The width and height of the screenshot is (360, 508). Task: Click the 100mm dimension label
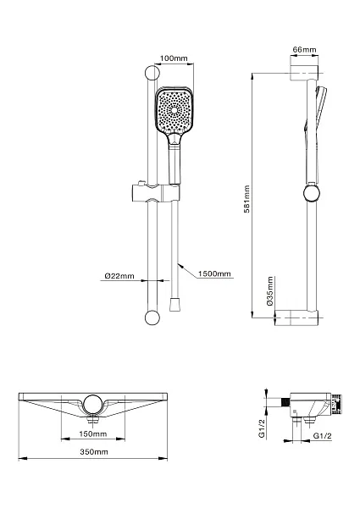[174, 58]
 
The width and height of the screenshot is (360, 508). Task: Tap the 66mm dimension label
[304, 50]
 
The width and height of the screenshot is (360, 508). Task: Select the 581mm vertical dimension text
[246, 199]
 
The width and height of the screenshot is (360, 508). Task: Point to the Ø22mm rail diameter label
[119, 276]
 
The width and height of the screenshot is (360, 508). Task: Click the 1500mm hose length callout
[214, 273]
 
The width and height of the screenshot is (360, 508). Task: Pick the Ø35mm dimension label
[270, 290]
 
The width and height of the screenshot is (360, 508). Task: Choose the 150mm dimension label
[92, 433]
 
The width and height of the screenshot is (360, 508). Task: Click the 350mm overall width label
[94, 451]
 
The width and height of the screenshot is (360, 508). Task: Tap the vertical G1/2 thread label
[262, 428]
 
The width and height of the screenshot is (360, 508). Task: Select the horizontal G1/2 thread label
[323, 436]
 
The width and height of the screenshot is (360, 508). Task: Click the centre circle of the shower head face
[174, 110]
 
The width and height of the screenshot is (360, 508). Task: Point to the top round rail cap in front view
[152, 73]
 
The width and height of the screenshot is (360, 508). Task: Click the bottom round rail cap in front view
[152, 317]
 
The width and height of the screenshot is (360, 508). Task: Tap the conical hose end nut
[174, 304]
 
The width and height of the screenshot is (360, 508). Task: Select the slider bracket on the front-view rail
[156, 192]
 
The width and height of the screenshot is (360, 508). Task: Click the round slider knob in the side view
[312, 193]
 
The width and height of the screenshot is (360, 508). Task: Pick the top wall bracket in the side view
[304, 73]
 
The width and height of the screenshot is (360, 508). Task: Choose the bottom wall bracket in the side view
[296, 317]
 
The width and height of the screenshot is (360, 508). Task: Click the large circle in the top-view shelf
[93, 405]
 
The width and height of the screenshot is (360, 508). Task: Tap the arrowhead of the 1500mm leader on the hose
[181, 266]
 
